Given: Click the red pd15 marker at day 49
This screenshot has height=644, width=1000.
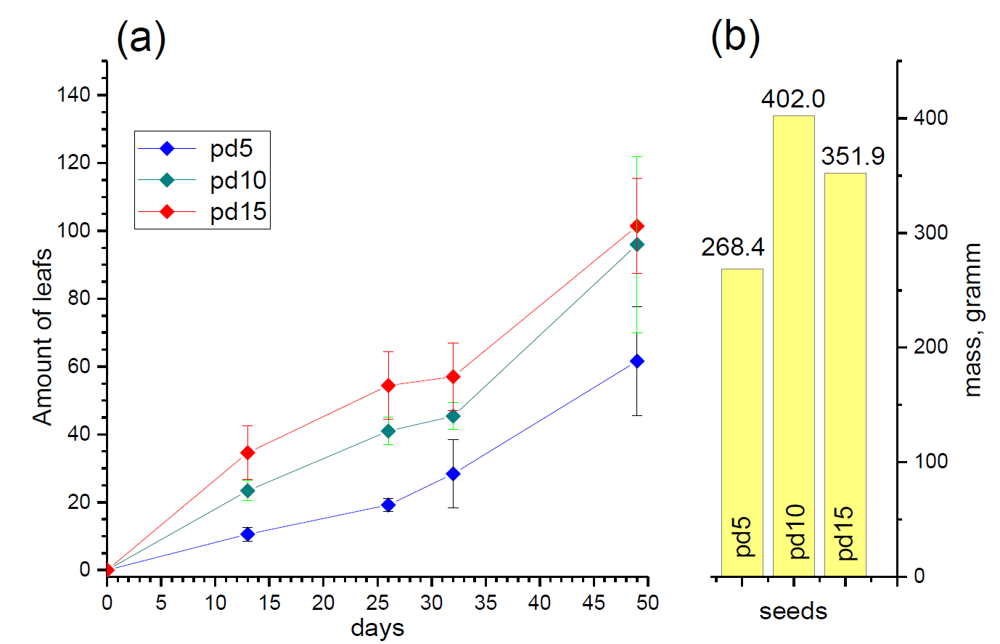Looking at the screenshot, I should click(637, 227).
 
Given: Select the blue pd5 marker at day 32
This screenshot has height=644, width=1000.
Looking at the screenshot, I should click(454, 474).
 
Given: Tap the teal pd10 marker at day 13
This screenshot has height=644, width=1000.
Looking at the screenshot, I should click(247, 491).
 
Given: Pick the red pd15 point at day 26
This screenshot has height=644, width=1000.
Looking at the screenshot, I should click(388, 386).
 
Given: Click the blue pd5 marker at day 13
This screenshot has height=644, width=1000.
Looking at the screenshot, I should click(247, 534).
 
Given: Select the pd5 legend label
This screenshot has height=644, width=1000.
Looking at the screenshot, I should click(231, 149).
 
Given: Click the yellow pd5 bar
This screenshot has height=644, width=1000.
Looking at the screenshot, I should click(742, 422).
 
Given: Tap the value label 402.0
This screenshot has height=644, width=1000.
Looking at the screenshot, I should click(792, 99).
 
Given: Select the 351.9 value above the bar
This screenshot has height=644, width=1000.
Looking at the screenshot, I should click(853, 157).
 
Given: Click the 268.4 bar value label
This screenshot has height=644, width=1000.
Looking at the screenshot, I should click(732, 248).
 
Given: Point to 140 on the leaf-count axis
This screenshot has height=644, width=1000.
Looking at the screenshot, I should click(73, 95).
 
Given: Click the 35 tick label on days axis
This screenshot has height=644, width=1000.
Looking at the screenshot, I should click(486, 603).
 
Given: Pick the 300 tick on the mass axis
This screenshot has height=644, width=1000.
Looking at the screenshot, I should click(932, 233).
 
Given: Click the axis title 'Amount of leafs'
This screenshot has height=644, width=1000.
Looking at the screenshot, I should click(42, 336).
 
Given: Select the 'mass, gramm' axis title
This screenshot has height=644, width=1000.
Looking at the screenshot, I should click(972, 319).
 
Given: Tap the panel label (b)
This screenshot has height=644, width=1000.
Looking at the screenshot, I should click(735, 37).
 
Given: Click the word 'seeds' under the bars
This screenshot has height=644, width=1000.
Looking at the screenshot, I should click(793, 611).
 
